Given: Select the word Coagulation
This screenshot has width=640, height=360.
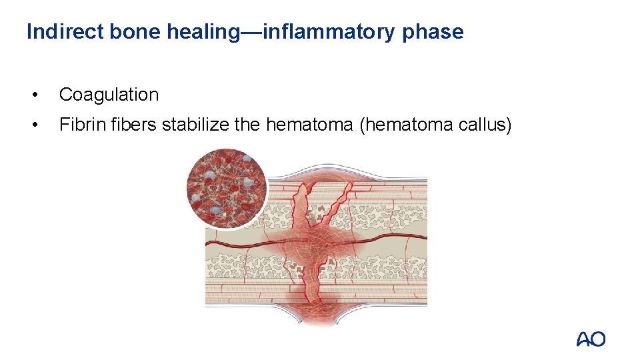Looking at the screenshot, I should pos(109,95).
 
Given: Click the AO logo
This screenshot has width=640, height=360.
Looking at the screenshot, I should pos(591,339).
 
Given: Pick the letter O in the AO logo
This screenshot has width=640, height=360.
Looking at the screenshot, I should pos(598,339).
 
